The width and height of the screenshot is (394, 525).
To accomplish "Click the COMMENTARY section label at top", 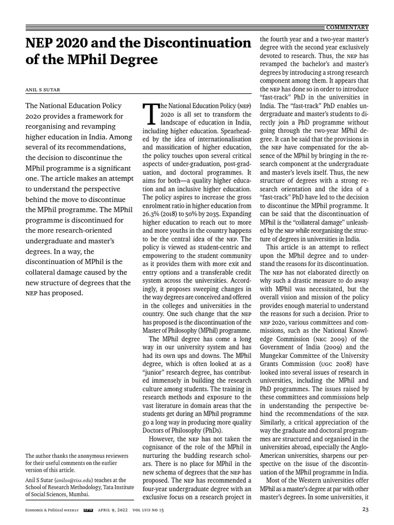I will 347,27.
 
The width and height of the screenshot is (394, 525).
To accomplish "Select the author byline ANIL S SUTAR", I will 43,89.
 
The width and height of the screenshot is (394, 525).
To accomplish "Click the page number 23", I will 365,510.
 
